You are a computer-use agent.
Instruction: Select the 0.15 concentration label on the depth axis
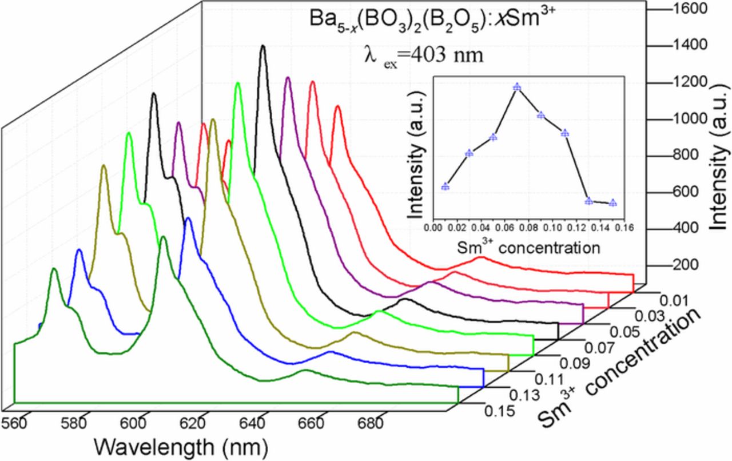[x=498, y=411]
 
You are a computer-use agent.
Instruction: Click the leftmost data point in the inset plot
[x=445, y=186]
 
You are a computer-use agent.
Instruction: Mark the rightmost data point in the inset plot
[x=613, y=202]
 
